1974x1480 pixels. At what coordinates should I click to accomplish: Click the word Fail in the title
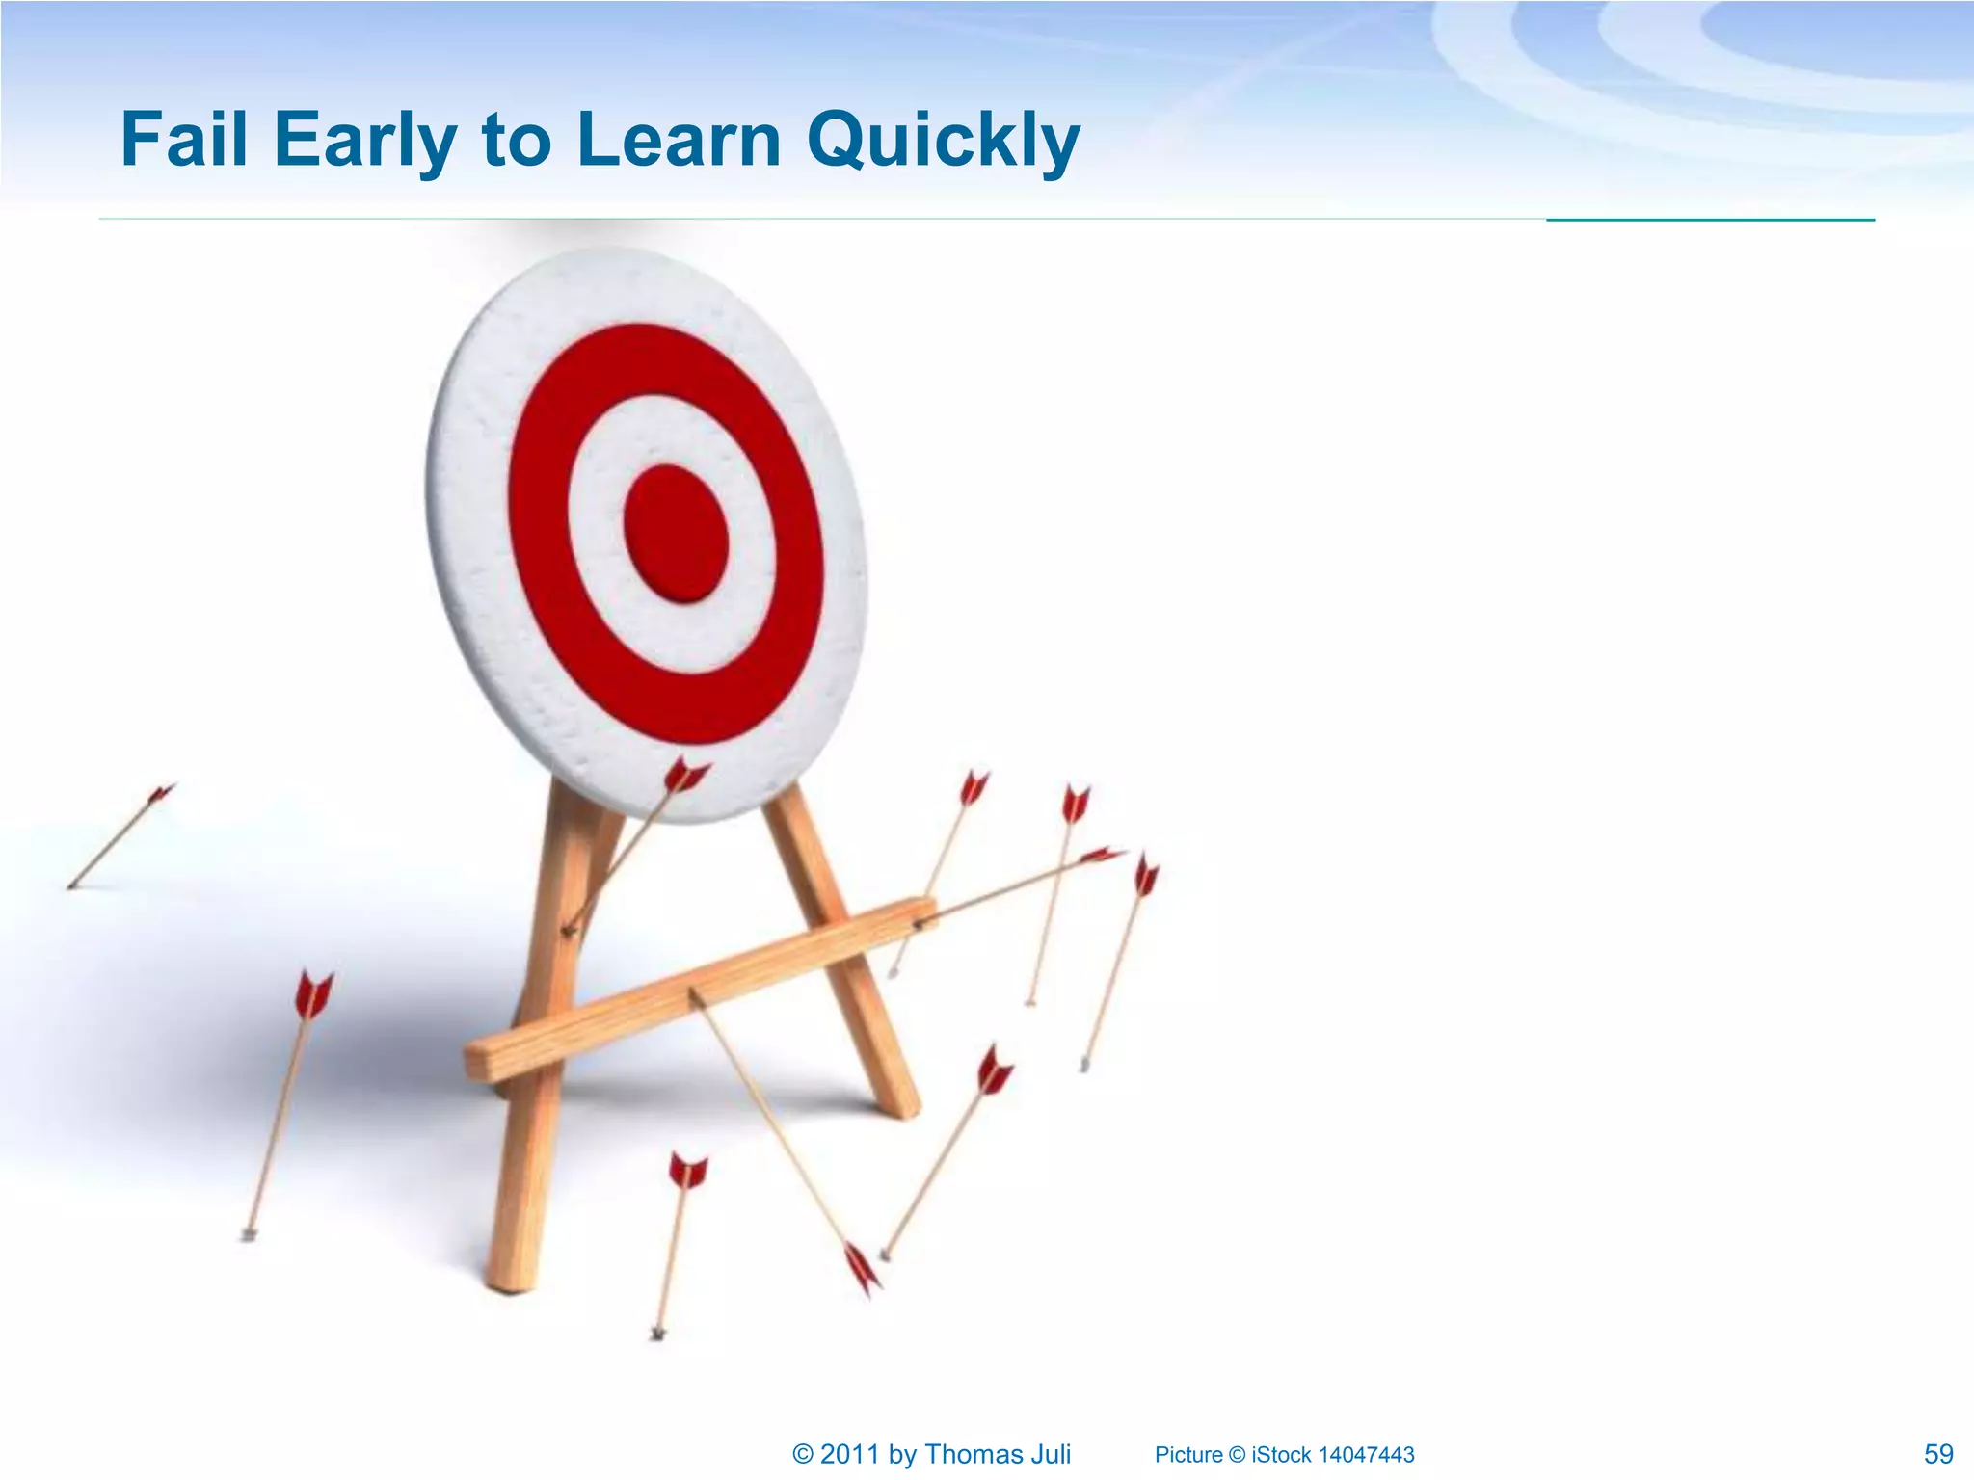click(x=183, y=140)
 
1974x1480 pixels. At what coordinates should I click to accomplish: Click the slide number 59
click(x=1937, y=1454)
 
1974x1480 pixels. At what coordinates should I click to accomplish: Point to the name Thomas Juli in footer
click(x=997, y=1454)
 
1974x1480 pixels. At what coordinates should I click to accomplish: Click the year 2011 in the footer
click(x=849, y=1454)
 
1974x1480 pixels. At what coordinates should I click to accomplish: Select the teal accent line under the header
click(x=1710, y=220)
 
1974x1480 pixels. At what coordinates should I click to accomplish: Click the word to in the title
click(x=515, y=140)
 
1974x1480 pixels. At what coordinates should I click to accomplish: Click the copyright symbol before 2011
click(x=802, y=1454)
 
